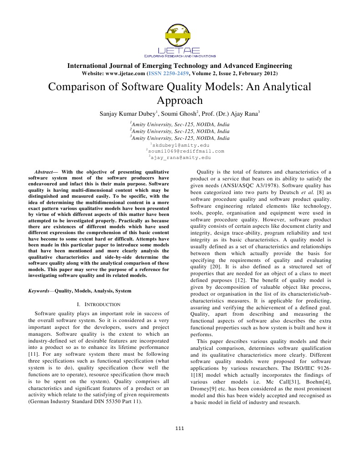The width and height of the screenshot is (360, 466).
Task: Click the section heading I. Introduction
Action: point(99,304)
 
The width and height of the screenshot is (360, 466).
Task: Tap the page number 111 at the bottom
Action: point(180,428)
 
